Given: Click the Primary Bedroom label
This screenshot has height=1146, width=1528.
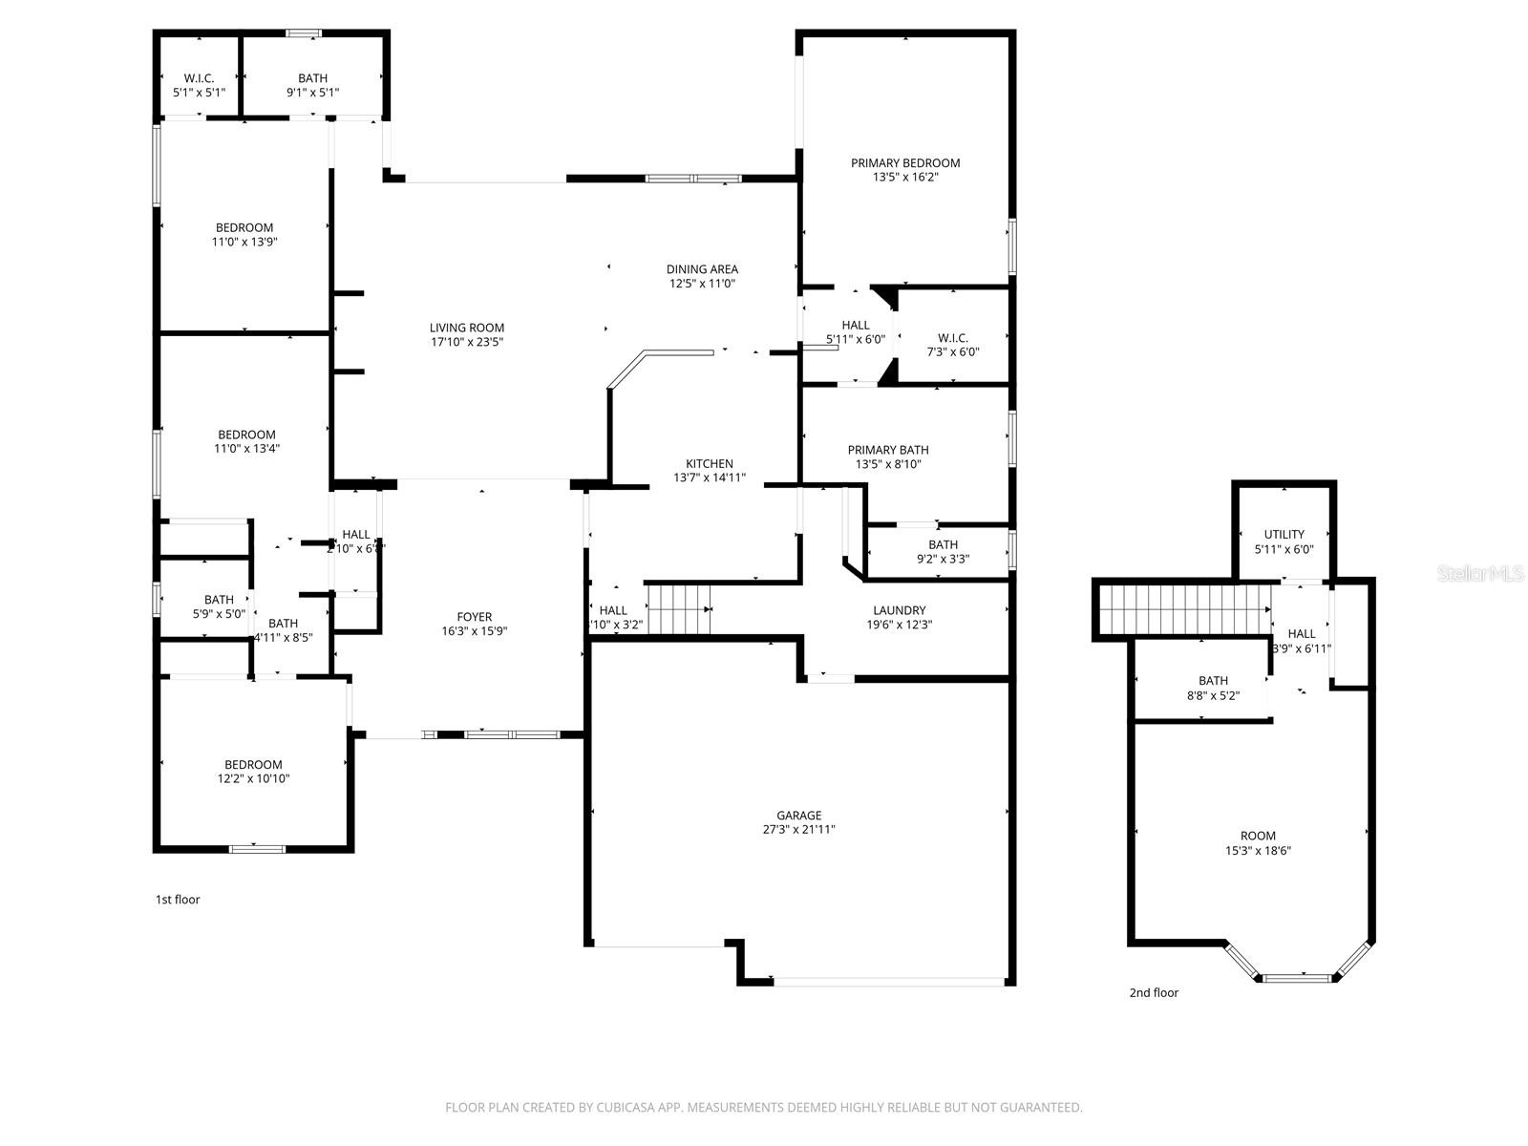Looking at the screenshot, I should pyautogui.click(x=905, y=163).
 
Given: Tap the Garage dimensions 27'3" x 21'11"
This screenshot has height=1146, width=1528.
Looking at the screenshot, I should pyautogui.click(x=798, y=830).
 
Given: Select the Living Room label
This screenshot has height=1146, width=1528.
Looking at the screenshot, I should pyautogui.click(x=466, y=328).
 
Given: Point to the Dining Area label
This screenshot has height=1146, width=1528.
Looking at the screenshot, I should pyautogui.click(x=702, y=269).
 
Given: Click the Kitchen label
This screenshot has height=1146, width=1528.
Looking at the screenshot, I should pyautogui.click(x=709, y=464).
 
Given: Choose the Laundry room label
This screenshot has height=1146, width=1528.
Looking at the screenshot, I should pyautogui.click(x=899, y=610).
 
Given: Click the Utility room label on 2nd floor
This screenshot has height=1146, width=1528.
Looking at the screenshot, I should pyautogui.click(x=1284, y=535).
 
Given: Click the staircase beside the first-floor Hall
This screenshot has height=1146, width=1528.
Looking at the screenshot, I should pyautogui.click(x=680, y=609).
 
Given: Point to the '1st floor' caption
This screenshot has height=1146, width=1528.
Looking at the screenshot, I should pyautogui.click(x=178, y=900).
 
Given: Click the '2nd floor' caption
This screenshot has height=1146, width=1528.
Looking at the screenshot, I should pyautogui.click(x=1154, y=993).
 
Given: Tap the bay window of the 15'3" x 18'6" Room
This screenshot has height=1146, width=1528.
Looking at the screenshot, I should pyautogui.click(x=1298, y=976).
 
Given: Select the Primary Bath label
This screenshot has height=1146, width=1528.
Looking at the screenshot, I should pyautogui.click(x=888, y=450).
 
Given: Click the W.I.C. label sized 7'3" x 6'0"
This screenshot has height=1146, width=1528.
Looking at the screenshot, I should pyautogui.click(x=952, y=338).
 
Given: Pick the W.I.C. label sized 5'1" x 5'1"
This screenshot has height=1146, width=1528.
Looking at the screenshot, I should pyautogui.click(x=199, y=78).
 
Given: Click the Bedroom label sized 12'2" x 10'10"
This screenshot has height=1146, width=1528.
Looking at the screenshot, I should pyautogui.click(x=253, y=765).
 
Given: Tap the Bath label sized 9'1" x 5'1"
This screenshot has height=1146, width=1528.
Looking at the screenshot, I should pyautogui.click(x=312, y=78).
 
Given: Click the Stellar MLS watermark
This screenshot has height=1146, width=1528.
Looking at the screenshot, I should pyautogui.click(x=1481, y=573).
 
